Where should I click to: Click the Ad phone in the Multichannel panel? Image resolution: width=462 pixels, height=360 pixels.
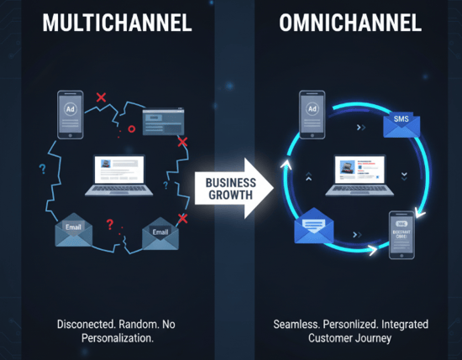tap(69, 114)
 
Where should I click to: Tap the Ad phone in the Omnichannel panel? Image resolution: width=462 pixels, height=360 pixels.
tap(312, 112)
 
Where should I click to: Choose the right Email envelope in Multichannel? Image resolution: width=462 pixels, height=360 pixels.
tap(161, 233)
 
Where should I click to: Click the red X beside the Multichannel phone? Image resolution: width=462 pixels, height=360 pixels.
tap(102, 98)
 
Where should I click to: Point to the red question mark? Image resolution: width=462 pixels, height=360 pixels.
tap(109, 224)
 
